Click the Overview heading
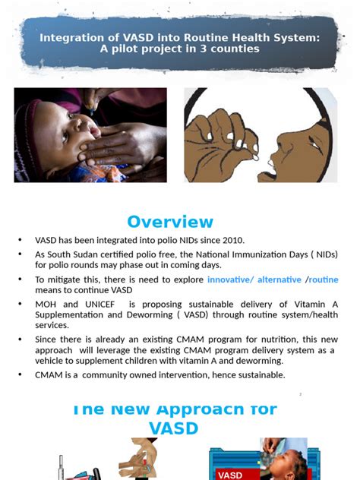tap(170, 222)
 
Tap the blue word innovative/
tap(231, 279)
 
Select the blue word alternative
tap(279, 279)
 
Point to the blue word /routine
tap(322, 279)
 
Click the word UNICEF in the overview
tap(99, 305)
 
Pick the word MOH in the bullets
tap(46, 305)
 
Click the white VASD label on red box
tap(230, 475)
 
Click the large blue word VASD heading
tap(174, 428)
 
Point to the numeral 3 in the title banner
tap(204, 49)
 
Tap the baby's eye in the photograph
tap(65, 137)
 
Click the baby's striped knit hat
tap(27, 137)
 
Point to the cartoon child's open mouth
tap(272, 169)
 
